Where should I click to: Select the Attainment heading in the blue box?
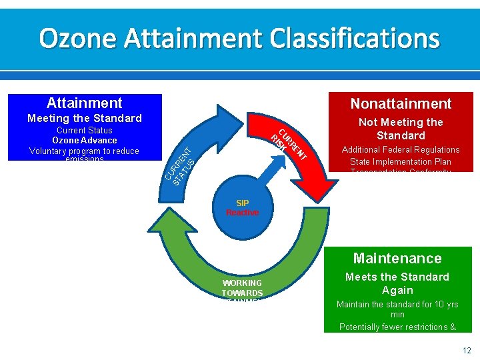coord(84,103)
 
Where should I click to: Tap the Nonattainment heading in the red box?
coord(401,103)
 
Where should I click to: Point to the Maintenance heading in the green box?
coord(397,258)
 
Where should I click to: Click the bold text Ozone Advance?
coord(84,140)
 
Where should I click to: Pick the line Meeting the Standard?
coord(84,118)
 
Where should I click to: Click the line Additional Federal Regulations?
coord(401,149)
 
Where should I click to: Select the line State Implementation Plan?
coord(401,161)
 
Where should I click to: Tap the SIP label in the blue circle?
coord(242,203)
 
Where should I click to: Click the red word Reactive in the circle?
coord(242,213)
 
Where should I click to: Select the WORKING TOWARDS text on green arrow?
coord(242,288)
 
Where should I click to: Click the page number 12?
coord(467,350)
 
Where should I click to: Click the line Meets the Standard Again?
coord(397,283)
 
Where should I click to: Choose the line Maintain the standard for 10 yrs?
coord(397,305)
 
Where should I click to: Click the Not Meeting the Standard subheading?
coord(401,129)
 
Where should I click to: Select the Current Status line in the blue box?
coord(84,130)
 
